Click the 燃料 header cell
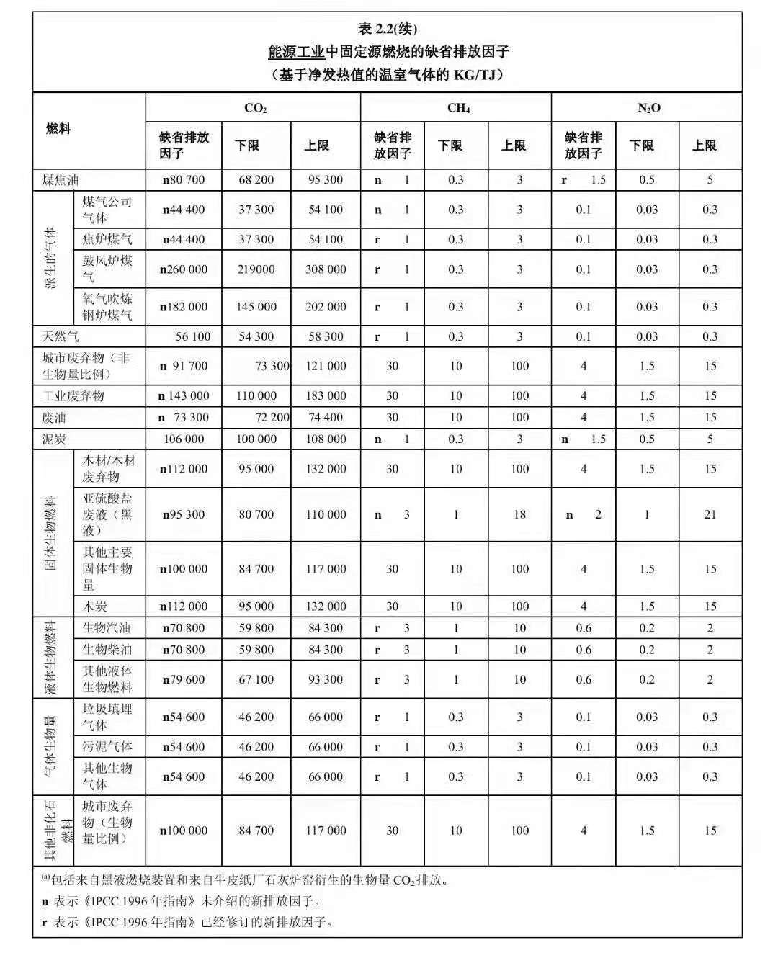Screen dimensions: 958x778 tap(58, 130)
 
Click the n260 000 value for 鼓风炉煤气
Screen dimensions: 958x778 tap(184, 269)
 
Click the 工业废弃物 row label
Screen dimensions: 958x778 tap(73, 395)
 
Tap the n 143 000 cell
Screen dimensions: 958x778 tap(184, 395)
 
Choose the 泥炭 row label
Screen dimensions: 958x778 tap(53, 439)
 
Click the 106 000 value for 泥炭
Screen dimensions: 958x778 tap(184, 439)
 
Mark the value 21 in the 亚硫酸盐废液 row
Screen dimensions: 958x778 tap(710, 514)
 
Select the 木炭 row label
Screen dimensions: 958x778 tap(94, 606)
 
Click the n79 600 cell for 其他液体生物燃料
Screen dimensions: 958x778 tap(184, 679)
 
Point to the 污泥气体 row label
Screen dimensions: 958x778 tap(107, 747)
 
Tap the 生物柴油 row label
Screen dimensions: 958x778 tap(107, 650)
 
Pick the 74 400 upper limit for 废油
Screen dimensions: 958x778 tap(326, 417)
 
